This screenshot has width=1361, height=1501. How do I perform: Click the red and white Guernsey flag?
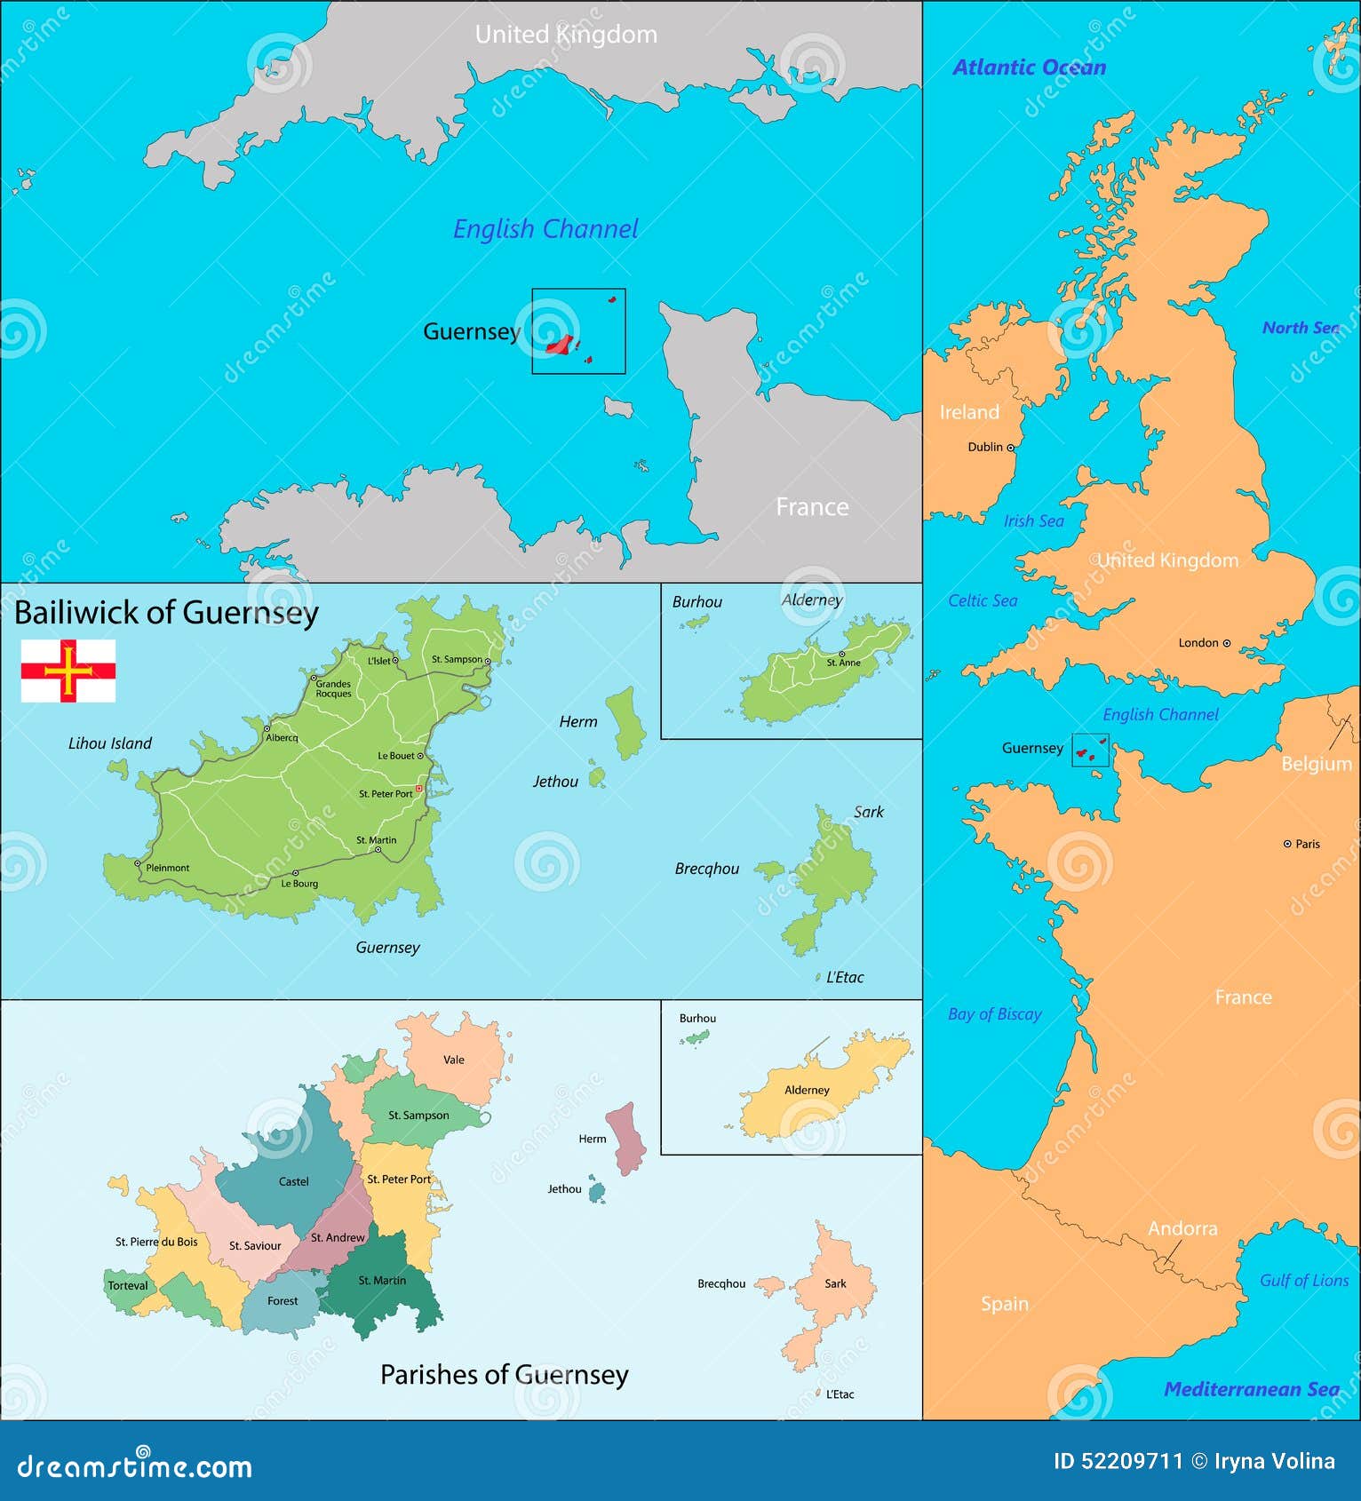click(68, 671)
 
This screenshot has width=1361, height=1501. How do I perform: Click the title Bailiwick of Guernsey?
click(166, 613)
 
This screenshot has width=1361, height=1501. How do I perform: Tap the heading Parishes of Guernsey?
click(504, 1375)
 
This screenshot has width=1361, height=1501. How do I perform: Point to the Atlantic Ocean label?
click(1029, 68)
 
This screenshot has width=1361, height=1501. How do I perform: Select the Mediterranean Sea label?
click(1251, 1389)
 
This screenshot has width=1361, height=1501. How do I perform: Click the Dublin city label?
click(985, 447)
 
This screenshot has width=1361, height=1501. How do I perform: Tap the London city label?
click(1198, 642)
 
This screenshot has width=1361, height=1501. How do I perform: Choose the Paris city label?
click(1308, 844)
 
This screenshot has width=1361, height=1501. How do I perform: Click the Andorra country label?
click(1182, 1228)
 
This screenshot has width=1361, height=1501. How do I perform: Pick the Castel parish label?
click(294, 1181)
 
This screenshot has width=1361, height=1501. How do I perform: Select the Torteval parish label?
click(128, 1285)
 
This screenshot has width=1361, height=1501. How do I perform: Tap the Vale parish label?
click(454, 1060)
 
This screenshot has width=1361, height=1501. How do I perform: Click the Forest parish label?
click(283, 1300)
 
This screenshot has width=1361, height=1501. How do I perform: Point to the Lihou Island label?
click(110, 743)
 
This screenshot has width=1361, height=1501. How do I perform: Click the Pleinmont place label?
click(168, 868)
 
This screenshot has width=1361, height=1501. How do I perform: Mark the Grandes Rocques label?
click(333, 688)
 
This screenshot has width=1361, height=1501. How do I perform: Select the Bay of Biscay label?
click(994, 1013)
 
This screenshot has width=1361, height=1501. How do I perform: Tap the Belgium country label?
click(1316, 764)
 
